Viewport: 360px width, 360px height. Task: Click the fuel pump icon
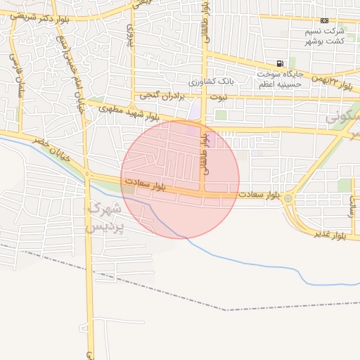click(x=281, y=64)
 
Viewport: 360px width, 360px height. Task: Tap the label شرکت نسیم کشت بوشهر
click(x=324, y=37)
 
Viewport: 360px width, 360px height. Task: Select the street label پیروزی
click(x=130, y=35)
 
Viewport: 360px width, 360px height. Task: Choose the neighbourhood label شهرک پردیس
click(x=103, y=217)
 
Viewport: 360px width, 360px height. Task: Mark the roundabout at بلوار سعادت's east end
click(x=288, y=199)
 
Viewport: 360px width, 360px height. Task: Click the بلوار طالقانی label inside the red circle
click(x=206, y=151)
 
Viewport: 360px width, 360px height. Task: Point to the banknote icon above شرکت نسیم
click(x=324, y=21)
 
